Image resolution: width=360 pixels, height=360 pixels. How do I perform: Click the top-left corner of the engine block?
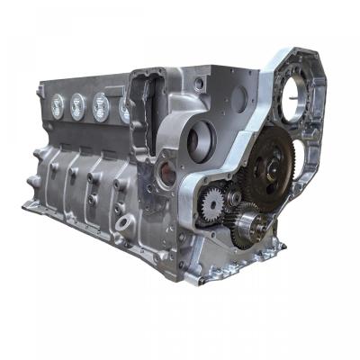[x=40, y=84]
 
